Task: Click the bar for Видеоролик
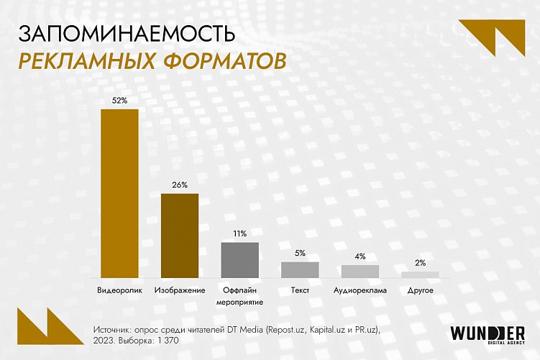point(119,193)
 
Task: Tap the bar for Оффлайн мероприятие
point(239,259)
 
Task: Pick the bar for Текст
point(300,269)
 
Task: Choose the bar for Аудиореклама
point(360,271)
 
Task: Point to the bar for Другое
point(420,274)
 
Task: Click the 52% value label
point(119,101)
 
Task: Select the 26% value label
point(180,185)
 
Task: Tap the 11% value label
point(239,234)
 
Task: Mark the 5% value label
point(300,253)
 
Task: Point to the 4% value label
point(360,256)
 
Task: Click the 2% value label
point(421,262)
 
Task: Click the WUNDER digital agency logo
point(487,335)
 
